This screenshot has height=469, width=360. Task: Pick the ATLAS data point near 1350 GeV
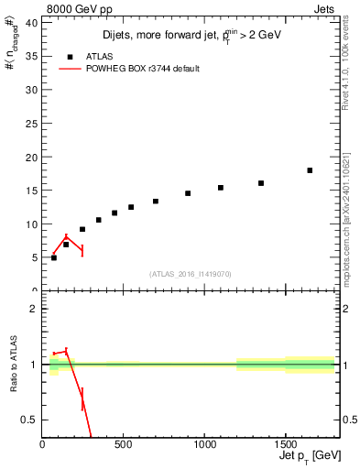coord(261,183)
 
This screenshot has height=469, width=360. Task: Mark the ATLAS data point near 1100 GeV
coord(221,188)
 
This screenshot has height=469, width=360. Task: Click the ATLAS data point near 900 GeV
coord(188,193)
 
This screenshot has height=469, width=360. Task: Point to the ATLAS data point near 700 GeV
coord(156,201)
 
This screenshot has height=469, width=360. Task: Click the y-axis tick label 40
coord(31,23)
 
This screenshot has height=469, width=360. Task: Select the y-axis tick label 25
coord(31,124)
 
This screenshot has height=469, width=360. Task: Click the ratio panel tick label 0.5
coord(28,420)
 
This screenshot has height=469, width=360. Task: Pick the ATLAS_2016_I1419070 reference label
coord(191,274)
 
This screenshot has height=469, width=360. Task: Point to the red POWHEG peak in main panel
coord(66,236)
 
